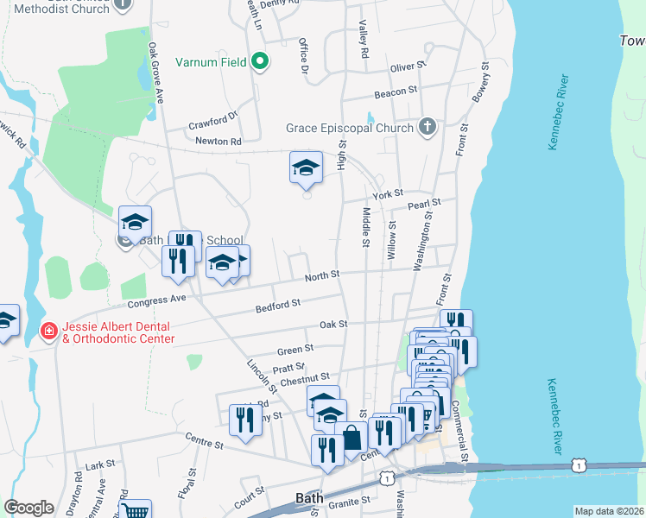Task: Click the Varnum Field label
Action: pyautogui.click(x=211, y=62)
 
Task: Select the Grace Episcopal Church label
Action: pyautogui.click(x=350, y=129)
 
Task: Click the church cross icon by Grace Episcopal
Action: pyautogui.click(x=426, y=128)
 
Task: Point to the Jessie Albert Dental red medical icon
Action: pyautogui.click(x=49, y=331)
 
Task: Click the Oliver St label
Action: pyautogui.click(x=408, y=66)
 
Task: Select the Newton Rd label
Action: pyautogui.click(x=218, y=141)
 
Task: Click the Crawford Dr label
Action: pyautogui.click(x=214, y=123)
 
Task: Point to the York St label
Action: pyautogui.click(x=388, y=194)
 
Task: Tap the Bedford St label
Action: pyautogui.click(x=277, y=304)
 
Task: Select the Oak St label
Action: pyautogui.click(x=332, y=324)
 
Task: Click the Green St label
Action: pyautogui.click(x=295, y=350)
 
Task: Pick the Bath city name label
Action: pyautogui.click(x=308, y=498)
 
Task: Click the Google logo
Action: pyautogui.click(x=28, y=508)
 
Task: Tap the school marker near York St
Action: pyautogui.click(x=306, y=167)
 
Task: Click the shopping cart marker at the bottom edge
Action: pyautogui.click(x=135, y=510)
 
